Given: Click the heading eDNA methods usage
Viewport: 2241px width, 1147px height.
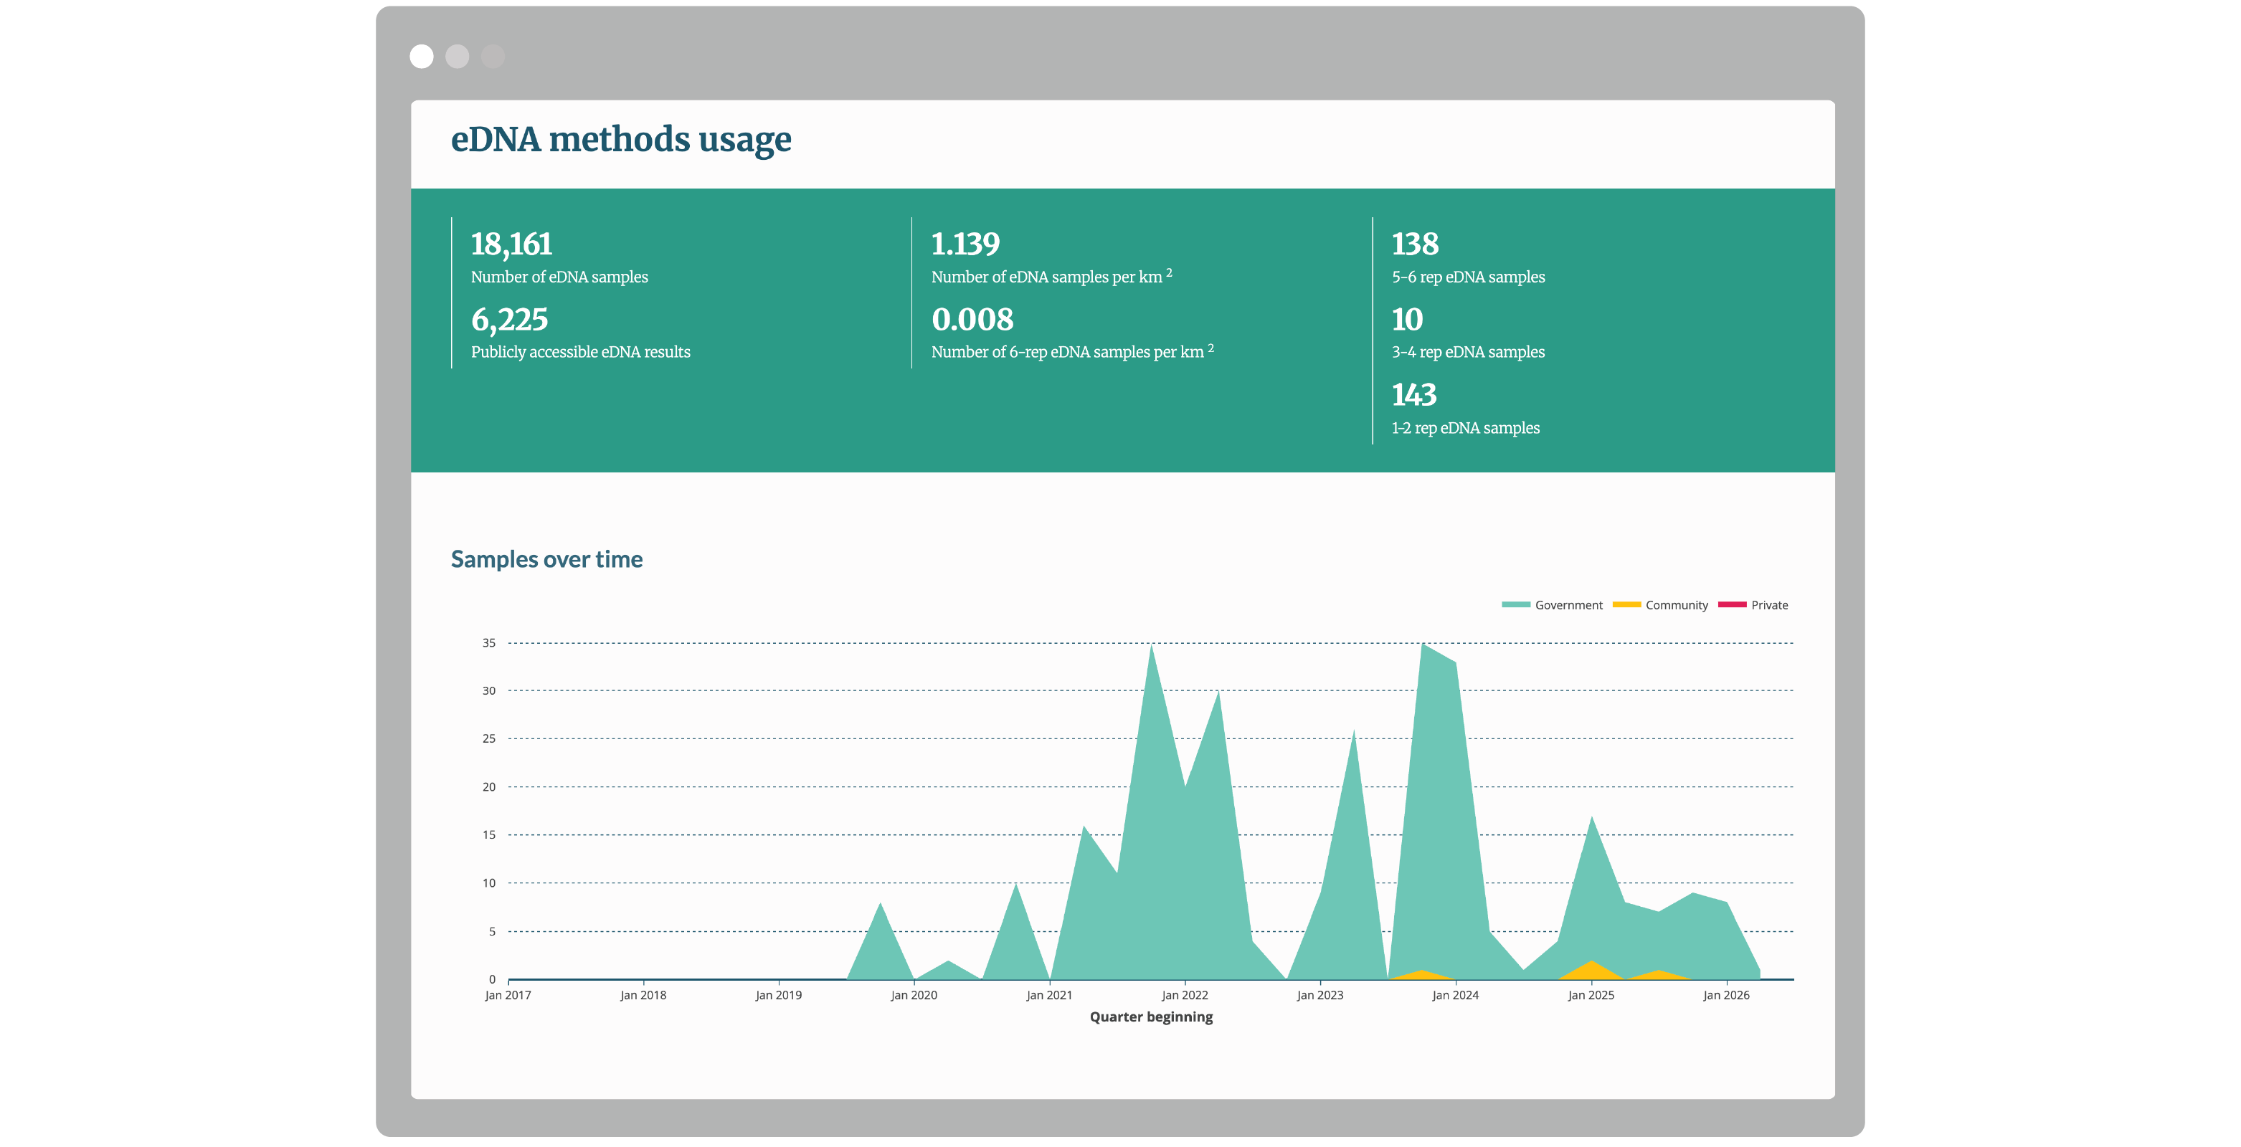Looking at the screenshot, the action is [621, 139].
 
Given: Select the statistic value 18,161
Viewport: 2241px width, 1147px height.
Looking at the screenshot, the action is [511, 244].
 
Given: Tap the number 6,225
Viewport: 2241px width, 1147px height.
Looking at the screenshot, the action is [509, 320].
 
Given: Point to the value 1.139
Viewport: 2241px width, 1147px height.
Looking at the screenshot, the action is [966, 244].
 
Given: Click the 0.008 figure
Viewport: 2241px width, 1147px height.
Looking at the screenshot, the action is [972, 319].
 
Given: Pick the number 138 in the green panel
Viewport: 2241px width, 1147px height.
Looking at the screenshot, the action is [1416, 244].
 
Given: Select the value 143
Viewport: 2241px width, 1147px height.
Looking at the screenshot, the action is [1415, 395].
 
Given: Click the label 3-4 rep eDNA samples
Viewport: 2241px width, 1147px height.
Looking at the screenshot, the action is [1469, 352].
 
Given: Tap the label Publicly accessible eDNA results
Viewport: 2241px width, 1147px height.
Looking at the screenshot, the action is [580, 352].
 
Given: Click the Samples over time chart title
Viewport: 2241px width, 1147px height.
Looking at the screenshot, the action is [546, 559].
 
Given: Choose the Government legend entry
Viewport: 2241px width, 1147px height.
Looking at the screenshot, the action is [1552, 605].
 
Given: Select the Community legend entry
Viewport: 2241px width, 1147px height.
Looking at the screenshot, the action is [1660, 605].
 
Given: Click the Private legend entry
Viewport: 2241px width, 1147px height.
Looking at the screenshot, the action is [1753, 605].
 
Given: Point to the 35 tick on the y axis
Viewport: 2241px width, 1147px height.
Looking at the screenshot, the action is [489, 642].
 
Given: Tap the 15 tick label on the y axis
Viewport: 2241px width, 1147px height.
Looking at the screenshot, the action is [489, 835].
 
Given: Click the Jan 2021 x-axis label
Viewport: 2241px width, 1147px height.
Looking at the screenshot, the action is [1049, 995].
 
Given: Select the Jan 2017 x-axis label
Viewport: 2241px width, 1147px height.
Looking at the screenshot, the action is [508, 995].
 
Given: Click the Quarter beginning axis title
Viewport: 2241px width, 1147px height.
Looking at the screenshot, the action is [1151, 1017].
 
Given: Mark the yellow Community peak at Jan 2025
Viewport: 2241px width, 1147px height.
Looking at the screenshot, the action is [1591, 962].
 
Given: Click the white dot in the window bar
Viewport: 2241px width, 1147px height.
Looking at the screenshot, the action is [422, 57].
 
